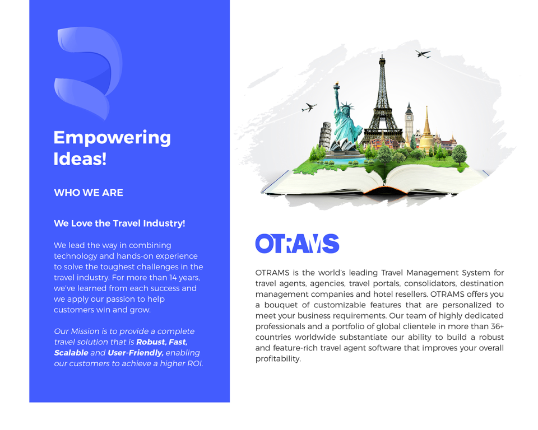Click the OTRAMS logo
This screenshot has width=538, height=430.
(297, 244)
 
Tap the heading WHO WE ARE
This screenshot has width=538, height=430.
(89, 193)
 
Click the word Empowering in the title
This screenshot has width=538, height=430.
(112, 138)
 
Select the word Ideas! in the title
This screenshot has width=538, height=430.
(80, 159)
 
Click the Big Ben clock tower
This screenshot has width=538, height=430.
(409, 121)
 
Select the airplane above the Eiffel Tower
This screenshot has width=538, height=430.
(423, 54)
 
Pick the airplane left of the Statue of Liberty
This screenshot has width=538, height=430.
(309, 107)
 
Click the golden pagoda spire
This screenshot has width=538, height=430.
(426, 129)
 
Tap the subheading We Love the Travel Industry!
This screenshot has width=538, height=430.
(119, 223)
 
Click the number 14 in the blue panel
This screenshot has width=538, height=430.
(173, 277)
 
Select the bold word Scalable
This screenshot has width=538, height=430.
(71, 353)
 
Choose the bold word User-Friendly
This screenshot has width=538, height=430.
(136, 353)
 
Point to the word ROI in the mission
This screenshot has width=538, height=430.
(194, 363)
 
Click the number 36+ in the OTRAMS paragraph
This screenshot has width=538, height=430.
(497, 326)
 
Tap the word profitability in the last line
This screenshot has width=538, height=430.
(278, 359)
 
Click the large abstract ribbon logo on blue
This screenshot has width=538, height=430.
(88, 73)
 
